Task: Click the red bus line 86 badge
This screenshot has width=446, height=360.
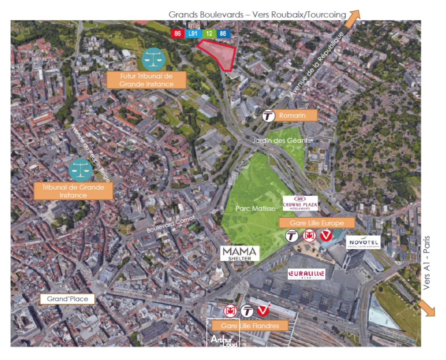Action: point(177,34)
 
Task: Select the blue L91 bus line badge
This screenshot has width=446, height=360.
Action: point(193,34)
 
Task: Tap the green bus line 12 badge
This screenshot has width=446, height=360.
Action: point(209,34)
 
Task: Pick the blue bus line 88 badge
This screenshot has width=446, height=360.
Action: point(223,34)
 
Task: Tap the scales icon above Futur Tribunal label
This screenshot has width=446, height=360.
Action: point(153,59)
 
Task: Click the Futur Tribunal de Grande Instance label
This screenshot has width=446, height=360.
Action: point(146,80)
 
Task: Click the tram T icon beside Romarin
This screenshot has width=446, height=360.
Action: point(268,116)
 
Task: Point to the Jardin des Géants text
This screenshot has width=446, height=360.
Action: point(281,140)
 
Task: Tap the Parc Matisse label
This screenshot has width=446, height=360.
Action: point(256,209)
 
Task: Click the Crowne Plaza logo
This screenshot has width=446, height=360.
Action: point(300,203)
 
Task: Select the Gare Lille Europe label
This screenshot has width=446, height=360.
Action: point(317,223)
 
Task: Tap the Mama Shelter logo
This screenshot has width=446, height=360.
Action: point(240,253)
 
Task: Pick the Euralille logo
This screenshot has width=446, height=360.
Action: point(306,274)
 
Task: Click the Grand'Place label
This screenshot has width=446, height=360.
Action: point(67,299)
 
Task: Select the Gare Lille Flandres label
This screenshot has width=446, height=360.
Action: point(250,326)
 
